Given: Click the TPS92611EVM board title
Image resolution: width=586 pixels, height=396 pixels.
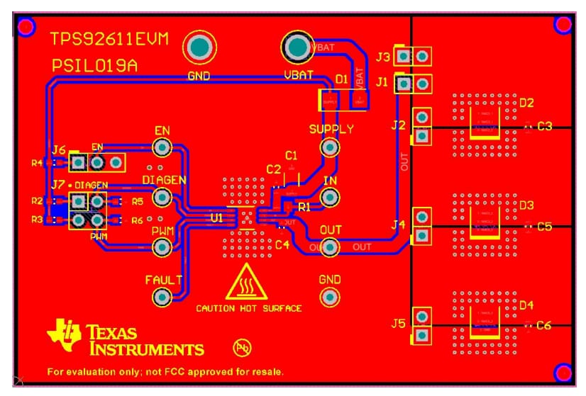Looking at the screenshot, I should (109, 40).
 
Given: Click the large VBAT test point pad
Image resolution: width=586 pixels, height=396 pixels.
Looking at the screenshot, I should (298, 47).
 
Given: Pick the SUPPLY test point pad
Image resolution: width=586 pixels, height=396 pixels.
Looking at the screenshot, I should (329, 147).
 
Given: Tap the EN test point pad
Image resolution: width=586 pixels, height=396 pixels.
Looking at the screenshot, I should (162, 147).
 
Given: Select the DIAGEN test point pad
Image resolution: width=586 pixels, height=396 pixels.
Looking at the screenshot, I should (162, 197).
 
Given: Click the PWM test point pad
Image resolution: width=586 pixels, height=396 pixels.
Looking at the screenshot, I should (162, 247).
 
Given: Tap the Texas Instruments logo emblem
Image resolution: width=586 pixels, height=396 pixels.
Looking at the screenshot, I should (64, 335).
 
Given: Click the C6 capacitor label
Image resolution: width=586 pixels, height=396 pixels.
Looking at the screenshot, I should (543, 325).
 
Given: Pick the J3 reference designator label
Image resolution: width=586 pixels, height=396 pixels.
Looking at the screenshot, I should (383, 56).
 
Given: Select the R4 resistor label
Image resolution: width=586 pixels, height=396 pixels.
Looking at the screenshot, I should (37, 163).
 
